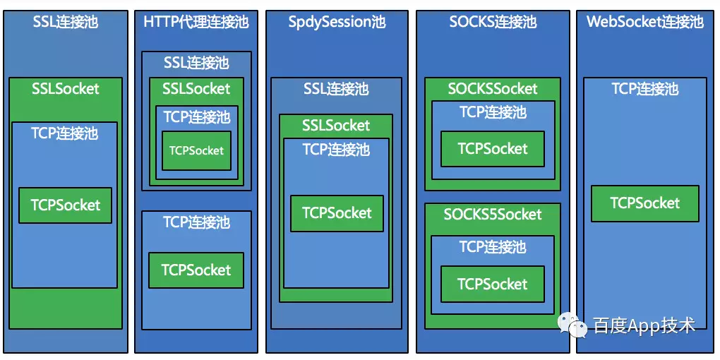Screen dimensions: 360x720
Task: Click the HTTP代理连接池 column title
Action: (x=196, y=22)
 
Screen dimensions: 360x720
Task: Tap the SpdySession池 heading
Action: (x=337, y=22)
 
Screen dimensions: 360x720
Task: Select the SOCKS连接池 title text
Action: (x=493, y=22)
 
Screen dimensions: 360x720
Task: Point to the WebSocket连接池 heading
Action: (x=644, y=22)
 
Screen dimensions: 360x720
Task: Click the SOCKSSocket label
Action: (x=493, y=89)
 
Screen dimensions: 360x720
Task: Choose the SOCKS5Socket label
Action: (x=493, y=214)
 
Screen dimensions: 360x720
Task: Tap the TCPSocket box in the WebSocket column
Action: (x=644, y=203)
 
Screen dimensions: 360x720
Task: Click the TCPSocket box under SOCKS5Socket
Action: (x=493, y=284)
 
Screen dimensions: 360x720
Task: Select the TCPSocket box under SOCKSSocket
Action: (x=493, y=149)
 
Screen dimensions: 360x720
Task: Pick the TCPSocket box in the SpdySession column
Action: (x=337, y=213)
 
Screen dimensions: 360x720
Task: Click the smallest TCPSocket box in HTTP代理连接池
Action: (x=196, y=150)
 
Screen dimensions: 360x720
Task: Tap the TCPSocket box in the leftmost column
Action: (x=65, y=205)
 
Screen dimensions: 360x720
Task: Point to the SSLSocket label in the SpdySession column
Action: (x=336, y=126)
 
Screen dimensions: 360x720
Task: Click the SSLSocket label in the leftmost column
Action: (x=65, y=89)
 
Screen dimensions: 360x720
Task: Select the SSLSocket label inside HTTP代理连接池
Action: (x=196, y=89)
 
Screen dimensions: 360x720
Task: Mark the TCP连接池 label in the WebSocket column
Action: (x=644, y=89)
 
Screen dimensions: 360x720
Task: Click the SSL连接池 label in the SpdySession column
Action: (x=336, y=89)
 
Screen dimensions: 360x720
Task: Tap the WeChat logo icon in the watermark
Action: (x=572, y=325)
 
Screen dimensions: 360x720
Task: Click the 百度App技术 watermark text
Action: (x=644, y=325)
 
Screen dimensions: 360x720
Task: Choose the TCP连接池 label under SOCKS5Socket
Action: (x=493, y=247)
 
